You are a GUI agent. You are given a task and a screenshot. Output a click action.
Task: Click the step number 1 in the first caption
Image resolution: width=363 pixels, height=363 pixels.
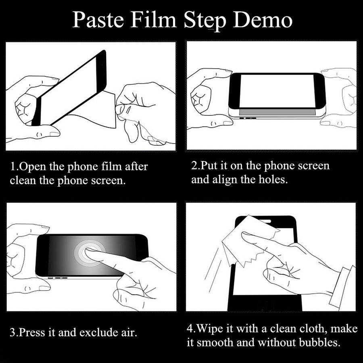(13, 166)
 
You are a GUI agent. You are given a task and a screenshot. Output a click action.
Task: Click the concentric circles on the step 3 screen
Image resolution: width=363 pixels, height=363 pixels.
(90, 253)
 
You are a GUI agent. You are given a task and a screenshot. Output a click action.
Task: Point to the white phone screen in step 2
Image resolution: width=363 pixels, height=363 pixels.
(277, 91)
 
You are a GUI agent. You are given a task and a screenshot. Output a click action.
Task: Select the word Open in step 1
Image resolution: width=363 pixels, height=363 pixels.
(33, 167)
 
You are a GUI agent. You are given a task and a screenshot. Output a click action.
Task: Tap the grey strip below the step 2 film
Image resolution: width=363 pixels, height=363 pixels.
(277, 112)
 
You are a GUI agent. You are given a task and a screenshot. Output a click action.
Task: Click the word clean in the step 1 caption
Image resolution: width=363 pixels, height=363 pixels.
(23, 181)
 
